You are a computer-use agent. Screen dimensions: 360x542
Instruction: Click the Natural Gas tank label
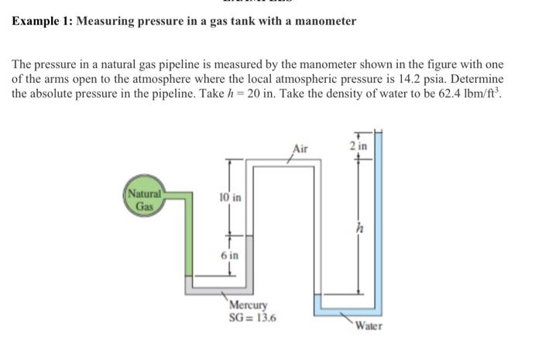point(143,201)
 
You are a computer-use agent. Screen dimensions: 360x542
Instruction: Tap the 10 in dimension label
point(230,198)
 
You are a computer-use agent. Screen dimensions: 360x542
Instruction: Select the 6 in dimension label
point(230,255)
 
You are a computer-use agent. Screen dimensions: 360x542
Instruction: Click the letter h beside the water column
point(357,228)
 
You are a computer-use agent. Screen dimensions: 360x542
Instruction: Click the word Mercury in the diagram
point(249,306)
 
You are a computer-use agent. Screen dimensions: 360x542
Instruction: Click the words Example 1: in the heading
point(39,21)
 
